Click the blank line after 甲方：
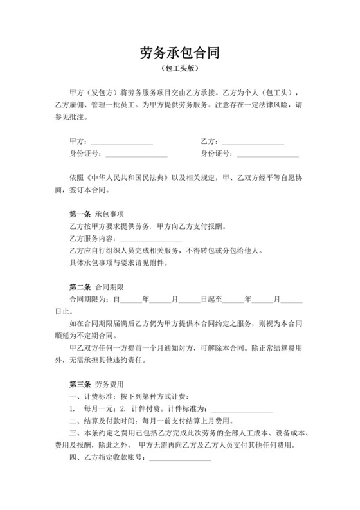coord(122,141)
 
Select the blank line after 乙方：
coord(252,141)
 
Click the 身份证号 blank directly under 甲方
coord(136,154)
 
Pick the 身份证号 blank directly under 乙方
coord(267,154)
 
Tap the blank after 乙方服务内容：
coord(151,239)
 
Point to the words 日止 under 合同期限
coord(76,312)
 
